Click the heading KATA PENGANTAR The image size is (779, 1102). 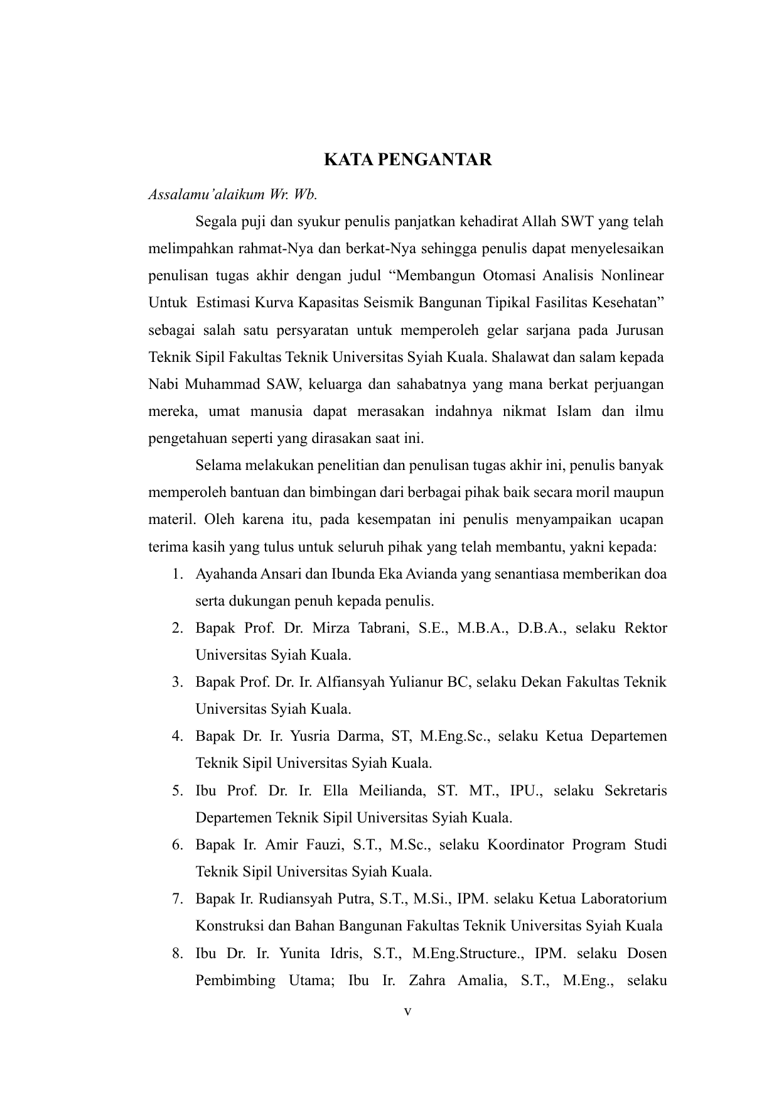tap(407, 160)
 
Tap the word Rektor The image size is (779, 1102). tap(646, 628)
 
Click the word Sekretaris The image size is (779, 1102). tap(635, 790)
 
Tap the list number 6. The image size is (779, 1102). tap(176, 844)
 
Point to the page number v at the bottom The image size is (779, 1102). tap(407, 1012)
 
